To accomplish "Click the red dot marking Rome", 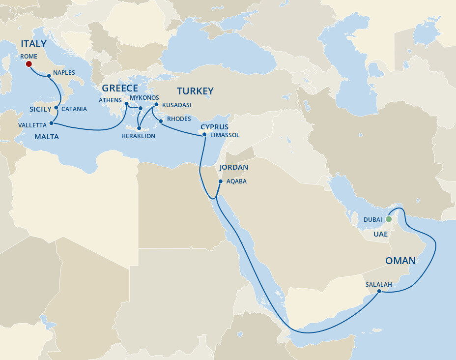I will (28, 64).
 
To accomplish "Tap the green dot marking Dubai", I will (388, 219).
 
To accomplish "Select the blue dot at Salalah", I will (379, 291).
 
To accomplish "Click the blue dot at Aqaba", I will (220, 181).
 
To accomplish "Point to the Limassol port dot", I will (204, 134).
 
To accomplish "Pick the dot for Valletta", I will (52, 123).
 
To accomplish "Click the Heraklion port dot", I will (139, 128).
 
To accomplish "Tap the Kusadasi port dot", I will (156, 105).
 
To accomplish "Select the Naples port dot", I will (48, 76).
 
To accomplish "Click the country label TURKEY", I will (195, 91).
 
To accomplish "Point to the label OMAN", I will (400, 261).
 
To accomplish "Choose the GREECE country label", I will (120, 89).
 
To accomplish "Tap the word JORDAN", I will (233, 167).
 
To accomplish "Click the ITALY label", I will (33, 45).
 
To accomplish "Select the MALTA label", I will (46, 137).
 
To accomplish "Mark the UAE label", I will (380, 234).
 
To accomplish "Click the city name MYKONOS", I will (144, 98).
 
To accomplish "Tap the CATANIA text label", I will (74, 109).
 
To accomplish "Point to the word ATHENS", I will (110, 100).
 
